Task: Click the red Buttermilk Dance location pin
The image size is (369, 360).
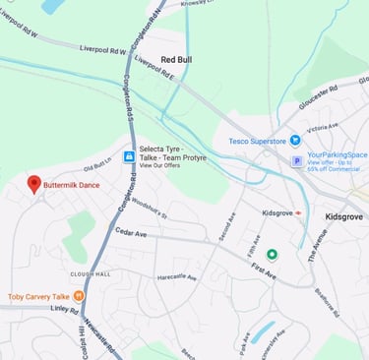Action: coord(34,184)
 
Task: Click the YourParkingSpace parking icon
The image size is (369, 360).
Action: coord(296,160)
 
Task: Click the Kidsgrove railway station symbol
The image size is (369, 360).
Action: coord(299,212)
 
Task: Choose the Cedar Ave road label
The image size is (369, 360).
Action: coord(130,234)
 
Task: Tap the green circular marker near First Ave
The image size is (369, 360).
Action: coord(273,255)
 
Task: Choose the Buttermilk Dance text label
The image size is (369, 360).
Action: coord(77,184)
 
